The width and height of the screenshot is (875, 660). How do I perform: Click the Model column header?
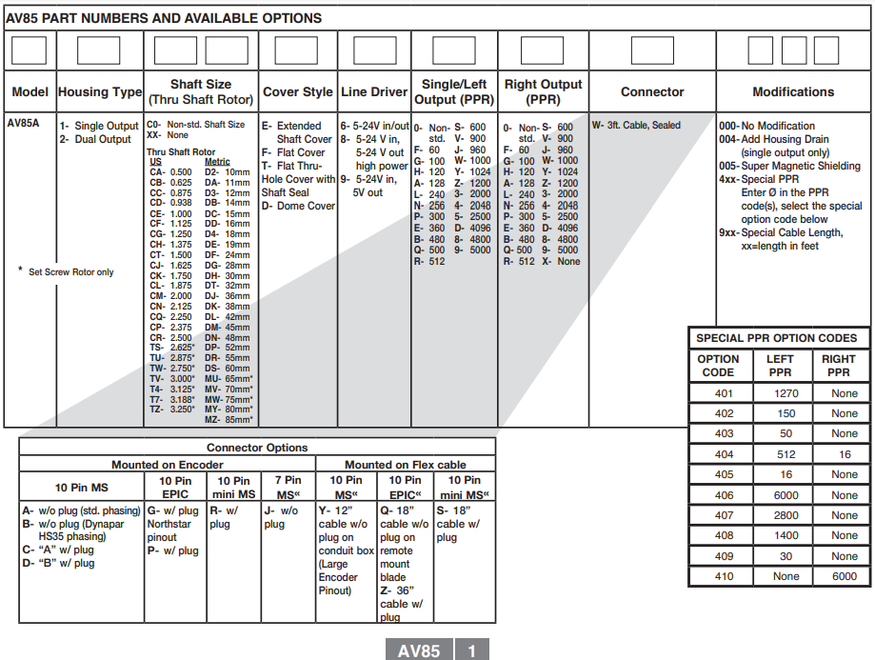point(30,92)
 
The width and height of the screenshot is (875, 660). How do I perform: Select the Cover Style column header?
point(297,92)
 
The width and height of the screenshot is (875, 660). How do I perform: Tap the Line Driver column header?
point(374,92)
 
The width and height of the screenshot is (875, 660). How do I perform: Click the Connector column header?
point(652,92)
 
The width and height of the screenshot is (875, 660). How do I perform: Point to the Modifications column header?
point(793,92)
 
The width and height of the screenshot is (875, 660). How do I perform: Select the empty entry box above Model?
point(30,50)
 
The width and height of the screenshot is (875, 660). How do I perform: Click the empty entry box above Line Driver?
point(374,50)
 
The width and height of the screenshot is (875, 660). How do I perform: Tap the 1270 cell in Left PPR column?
point(780,393)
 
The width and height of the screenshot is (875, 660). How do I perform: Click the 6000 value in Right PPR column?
point(844,576)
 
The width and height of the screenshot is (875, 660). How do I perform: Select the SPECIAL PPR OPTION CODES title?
point(776,338)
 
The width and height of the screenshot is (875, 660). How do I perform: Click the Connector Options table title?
point(257,448)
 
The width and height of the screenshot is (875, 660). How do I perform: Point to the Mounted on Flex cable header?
point(406,465)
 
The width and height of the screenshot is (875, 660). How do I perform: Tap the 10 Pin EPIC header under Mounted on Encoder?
point(175,487)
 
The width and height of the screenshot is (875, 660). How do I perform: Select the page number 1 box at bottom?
point(472,650)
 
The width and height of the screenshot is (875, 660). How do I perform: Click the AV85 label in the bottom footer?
point(419,650)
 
